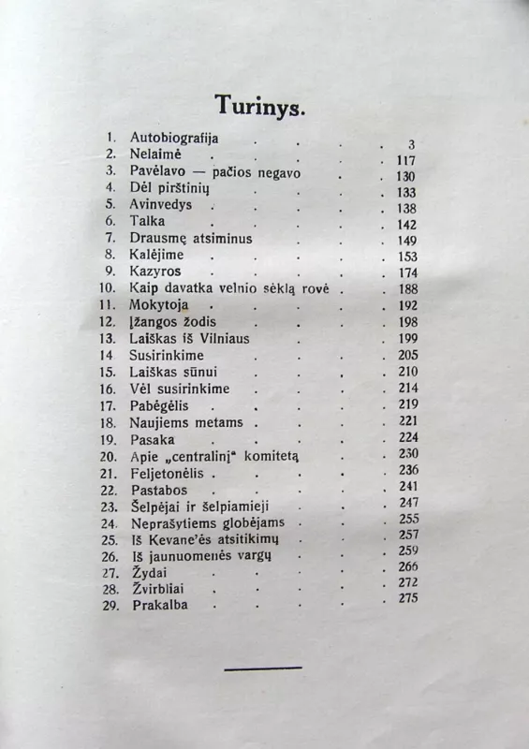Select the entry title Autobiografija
[174, 137]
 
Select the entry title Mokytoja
[158, 305]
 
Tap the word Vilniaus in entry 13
[223, 338]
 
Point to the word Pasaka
[151, 439]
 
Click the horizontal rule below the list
[263, 668]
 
